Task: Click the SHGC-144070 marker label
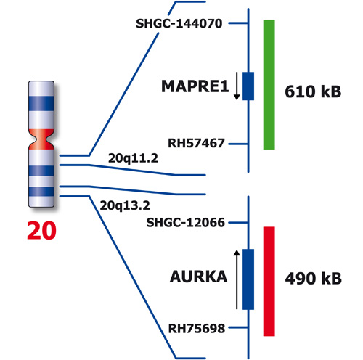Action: [179, 23]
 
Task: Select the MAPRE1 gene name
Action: [195, 86]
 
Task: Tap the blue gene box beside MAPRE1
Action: [248, 86]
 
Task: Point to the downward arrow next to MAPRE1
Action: [237, 86]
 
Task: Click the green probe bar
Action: [269, 84]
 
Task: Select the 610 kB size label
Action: [313, 91]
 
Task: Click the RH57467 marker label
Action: [196, 143]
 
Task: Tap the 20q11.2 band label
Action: [133, 158]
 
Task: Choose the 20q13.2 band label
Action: [125, 205]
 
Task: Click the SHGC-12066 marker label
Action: [186, 223]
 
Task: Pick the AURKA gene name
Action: [199, 277]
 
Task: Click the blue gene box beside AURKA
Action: [248, 279]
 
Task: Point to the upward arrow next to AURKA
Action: [237, 279]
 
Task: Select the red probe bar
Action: [269, 282]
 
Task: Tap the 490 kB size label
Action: [313, 278]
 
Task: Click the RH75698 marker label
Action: [197, 329]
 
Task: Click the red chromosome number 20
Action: [41, 231]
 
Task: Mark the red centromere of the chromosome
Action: [41, 139]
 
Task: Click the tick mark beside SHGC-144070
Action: [238, 23]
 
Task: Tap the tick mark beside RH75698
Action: [238, 327]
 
